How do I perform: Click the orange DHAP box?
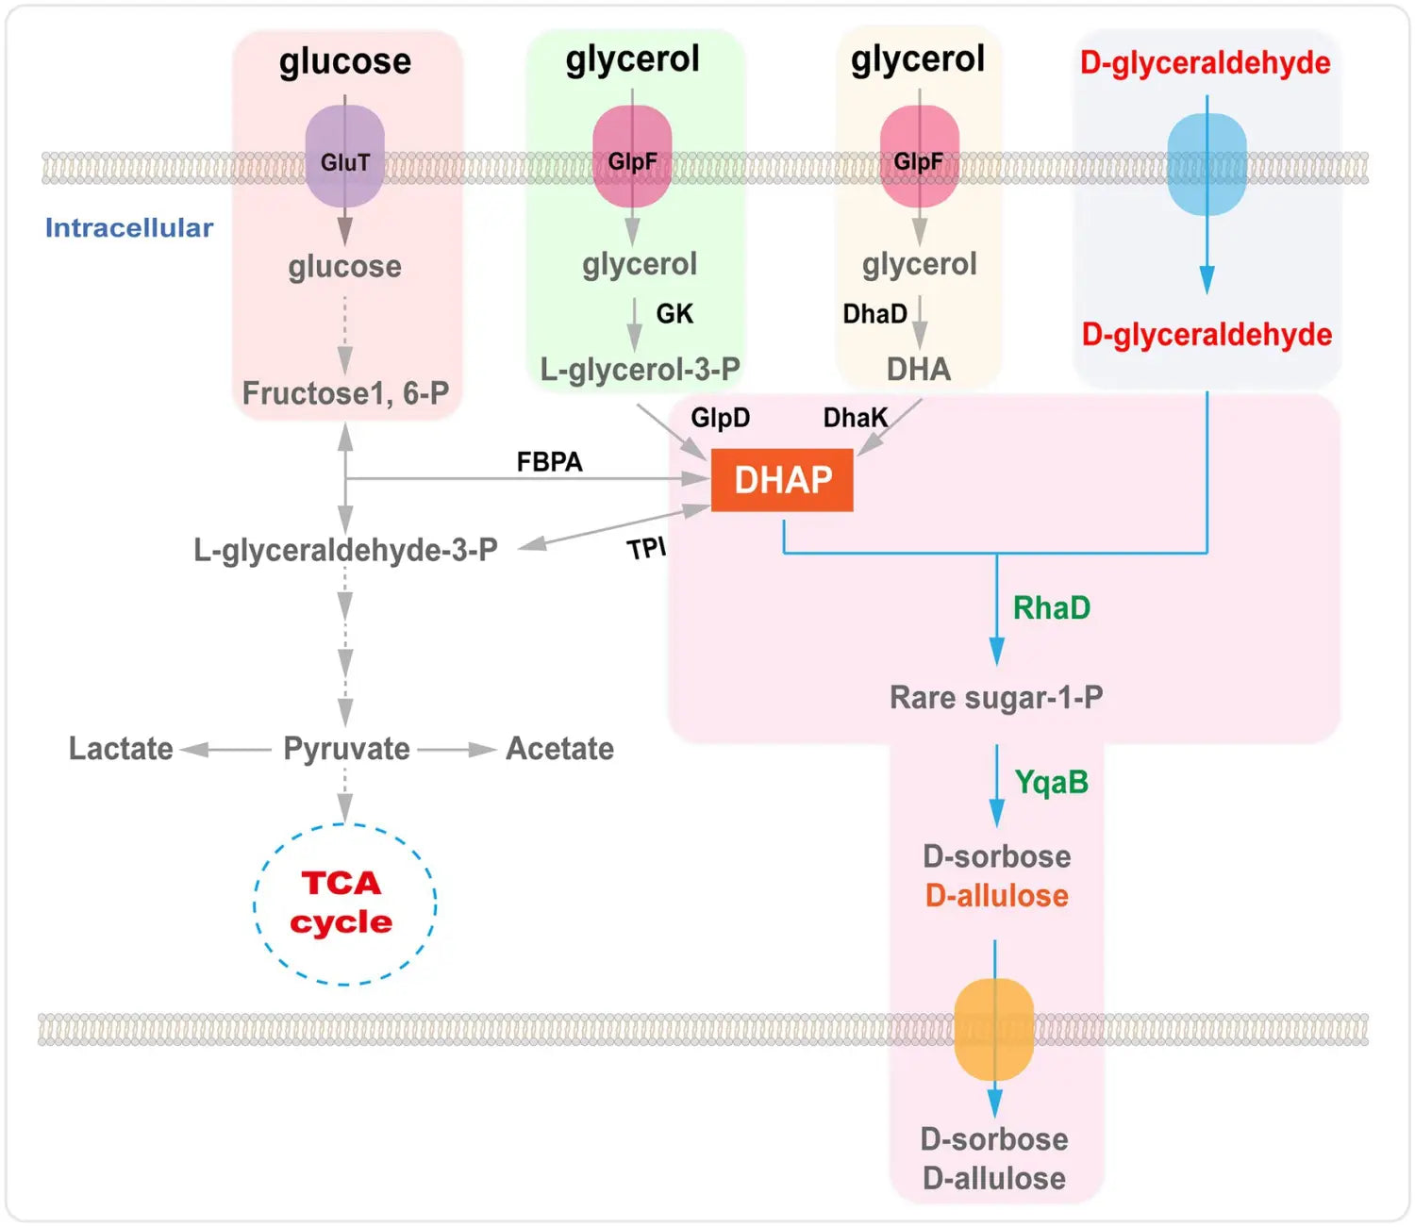(782, 480)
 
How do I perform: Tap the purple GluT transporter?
(344, 158)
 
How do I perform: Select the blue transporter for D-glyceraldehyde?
(1207, 164)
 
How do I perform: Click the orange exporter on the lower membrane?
(994, 1029)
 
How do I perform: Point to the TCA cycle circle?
(344, 904)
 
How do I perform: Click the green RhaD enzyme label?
(1051, 608)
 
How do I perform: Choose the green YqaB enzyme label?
(1051, 782)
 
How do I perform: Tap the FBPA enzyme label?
(549, 462)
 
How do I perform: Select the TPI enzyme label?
(646, 548)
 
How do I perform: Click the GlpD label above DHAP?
(720, 418)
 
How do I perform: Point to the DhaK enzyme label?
(855, 418)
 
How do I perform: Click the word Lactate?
(121, 749)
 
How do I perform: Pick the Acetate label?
(559, 749)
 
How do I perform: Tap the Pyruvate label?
(346, 749)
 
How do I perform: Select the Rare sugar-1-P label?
(996, 698)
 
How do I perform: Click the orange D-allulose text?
(996, 895)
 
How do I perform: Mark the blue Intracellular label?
(129, 228)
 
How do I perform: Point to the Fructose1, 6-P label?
(345, 393)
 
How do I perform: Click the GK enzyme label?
(674, 314)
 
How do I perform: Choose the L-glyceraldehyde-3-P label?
(345, 550)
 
